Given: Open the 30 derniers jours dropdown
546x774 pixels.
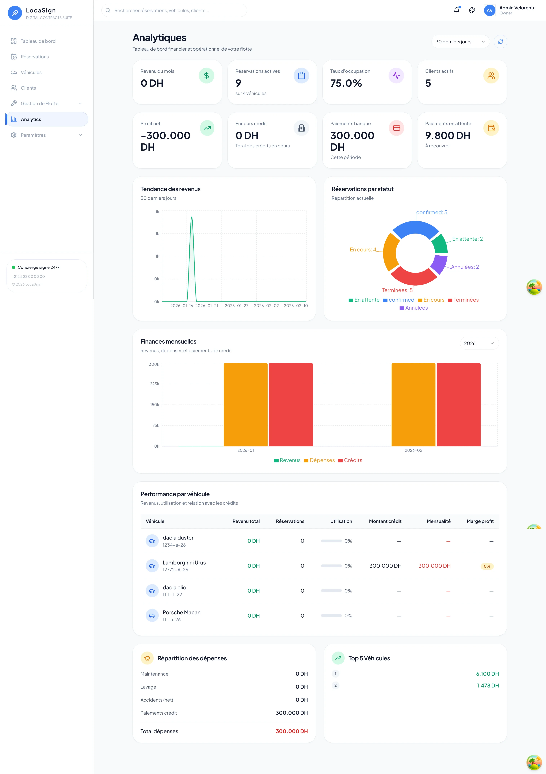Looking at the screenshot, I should pyautogui.click(x=460, y=42).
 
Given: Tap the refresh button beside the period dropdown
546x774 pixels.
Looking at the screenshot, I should pyautogui.click(x=500, y=42).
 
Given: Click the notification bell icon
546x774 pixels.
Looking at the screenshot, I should pyautogui.click(x=456, y=10).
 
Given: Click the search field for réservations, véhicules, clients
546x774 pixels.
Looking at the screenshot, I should pyautogui.click(x=174, y=10).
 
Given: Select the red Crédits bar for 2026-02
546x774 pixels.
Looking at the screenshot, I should pyautogui.click(x=458, y=405).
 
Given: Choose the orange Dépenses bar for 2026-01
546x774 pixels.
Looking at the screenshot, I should pyautogui.click(x=245, y=405).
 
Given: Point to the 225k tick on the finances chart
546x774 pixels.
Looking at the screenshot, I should pyautogui.click(x=154, y=384).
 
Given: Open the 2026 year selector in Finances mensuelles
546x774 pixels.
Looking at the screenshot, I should pyautogui.click(x=479, y=343).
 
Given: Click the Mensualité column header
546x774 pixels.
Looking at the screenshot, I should pyautogui.click(x=439, y=521).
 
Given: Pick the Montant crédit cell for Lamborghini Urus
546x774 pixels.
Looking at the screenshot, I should pyautogui.click(x=385, y=566).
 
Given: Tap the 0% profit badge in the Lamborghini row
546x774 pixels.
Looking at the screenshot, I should pyautogui.click(x=487, y=566).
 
